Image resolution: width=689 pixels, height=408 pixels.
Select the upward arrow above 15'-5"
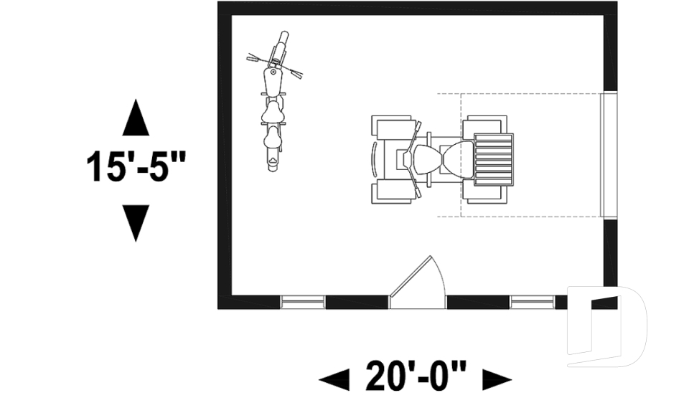click(136, 118)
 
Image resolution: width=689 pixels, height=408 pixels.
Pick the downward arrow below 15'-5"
click(136, 222)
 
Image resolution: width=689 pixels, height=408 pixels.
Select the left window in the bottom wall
click(302, 302)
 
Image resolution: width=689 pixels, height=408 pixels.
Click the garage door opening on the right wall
click(609, 155)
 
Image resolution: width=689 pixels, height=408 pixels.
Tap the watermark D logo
click(606, 326)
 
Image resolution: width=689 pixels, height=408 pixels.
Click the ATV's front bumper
click(373, 159)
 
